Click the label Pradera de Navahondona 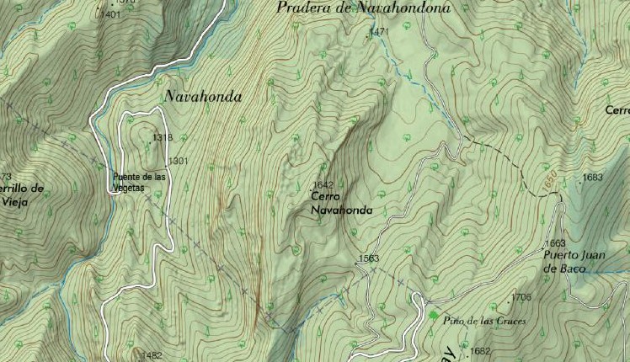(364, 8)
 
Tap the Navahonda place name (203, 97)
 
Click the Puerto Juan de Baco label (576, 262)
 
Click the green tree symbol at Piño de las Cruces (434, 316)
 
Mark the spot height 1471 (379, 32)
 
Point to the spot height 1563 (369, 258)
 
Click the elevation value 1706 (521, 298)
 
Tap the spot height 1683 (593, 178)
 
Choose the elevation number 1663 (555, 243)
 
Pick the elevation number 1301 (178, 161)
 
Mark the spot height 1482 (152, 355)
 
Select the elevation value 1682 (480, 351)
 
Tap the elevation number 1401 (110, 14)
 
